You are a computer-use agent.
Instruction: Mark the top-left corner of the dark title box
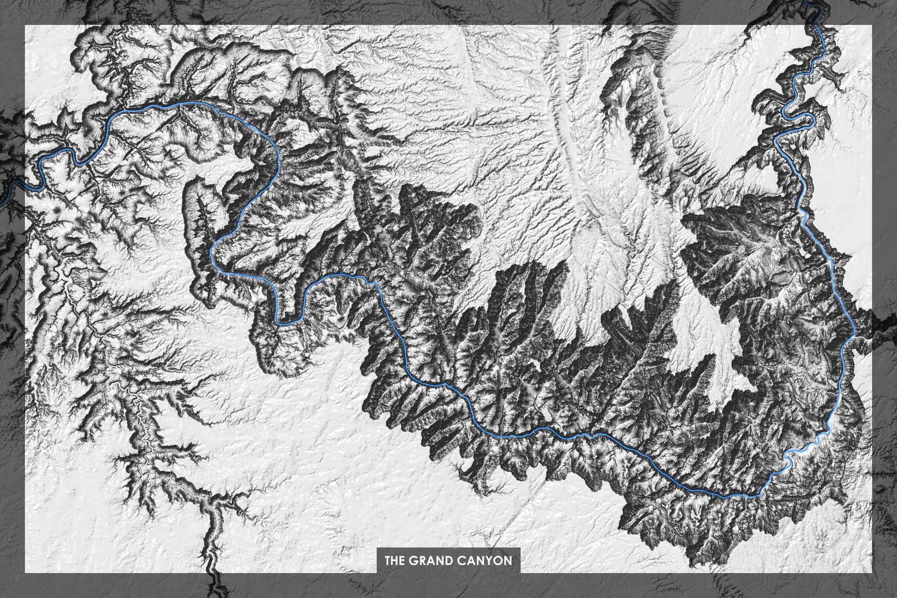pos(377,548)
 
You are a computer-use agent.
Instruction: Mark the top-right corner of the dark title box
pos(520,548)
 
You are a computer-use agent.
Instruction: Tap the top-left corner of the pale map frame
pos(25,25)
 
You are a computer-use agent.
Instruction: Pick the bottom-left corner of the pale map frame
pos(25,573)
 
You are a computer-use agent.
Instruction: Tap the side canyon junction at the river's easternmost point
pos(855,337)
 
